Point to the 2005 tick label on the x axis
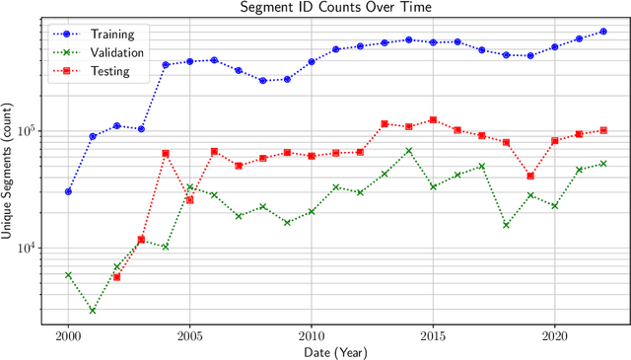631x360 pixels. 189,335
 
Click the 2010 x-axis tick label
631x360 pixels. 311,335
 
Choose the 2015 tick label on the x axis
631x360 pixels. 433,335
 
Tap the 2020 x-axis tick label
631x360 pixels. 554,335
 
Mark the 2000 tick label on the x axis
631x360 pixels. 68,335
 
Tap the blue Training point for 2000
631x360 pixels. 68,191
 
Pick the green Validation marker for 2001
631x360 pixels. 93,310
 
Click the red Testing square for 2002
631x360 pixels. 116,277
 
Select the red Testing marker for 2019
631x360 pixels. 530,176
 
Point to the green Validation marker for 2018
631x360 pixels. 506,225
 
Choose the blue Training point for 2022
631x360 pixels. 603,32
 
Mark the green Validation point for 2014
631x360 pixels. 409,151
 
